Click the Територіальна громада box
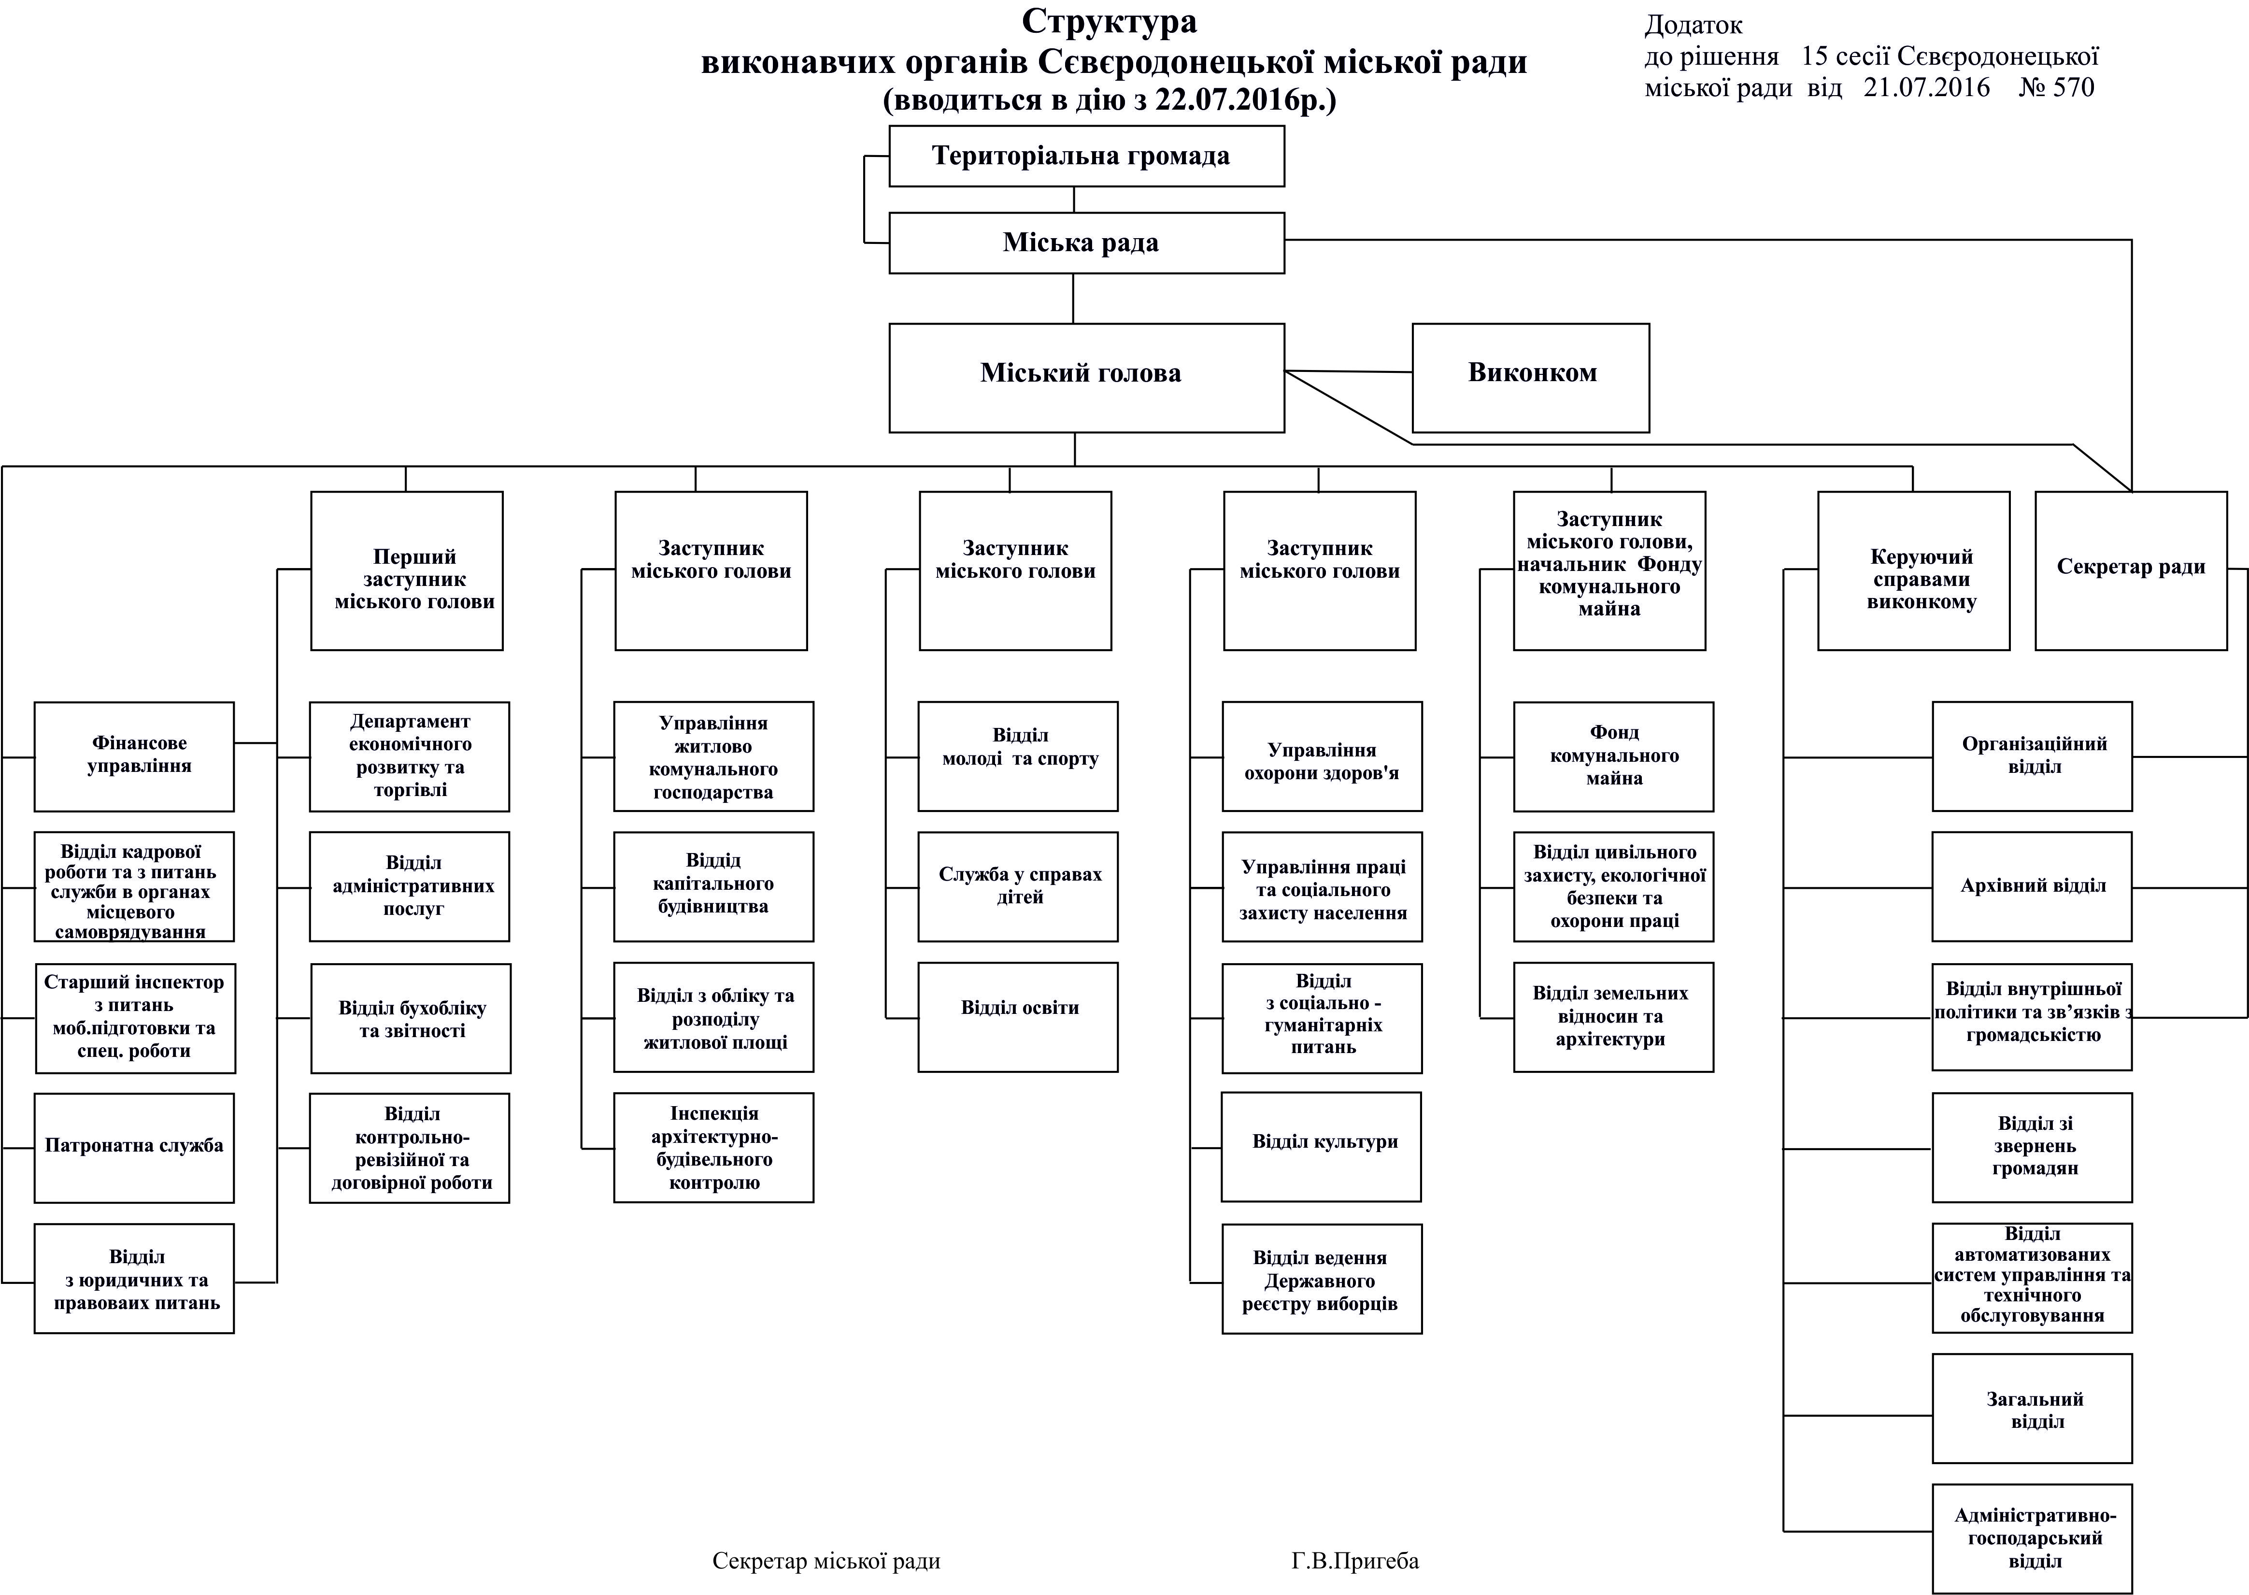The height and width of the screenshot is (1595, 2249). click(x=1086, y=156)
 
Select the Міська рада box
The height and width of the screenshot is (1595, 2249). click(x=1086, y=242)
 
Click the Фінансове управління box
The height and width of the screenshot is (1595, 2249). click(x=135, y=756)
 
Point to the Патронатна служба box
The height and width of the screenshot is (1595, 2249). click(x=135, y=1147)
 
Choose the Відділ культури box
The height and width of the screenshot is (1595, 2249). click(x=1322, y=1146)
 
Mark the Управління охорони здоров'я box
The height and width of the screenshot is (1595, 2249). click(x=1322, y=756)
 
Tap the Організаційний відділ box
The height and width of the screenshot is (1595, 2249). click(x=2032, y=756)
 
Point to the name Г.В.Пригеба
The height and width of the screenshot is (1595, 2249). click(x=1355, y=1562)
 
